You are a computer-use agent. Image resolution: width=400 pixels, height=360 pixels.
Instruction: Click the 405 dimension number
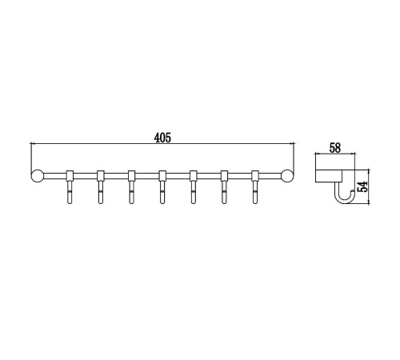click(162, 138)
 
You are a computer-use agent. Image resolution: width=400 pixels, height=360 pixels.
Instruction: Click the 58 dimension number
click(335, 148)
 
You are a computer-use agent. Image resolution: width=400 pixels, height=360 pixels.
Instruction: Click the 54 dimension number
click(362, 186)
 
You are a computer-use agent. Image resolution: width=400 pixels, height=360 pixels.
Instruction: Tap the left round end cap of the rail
click(37, 176)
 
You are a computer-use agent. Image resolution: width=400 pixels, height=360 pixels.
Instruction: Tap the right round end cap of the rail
click(287, 176)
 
